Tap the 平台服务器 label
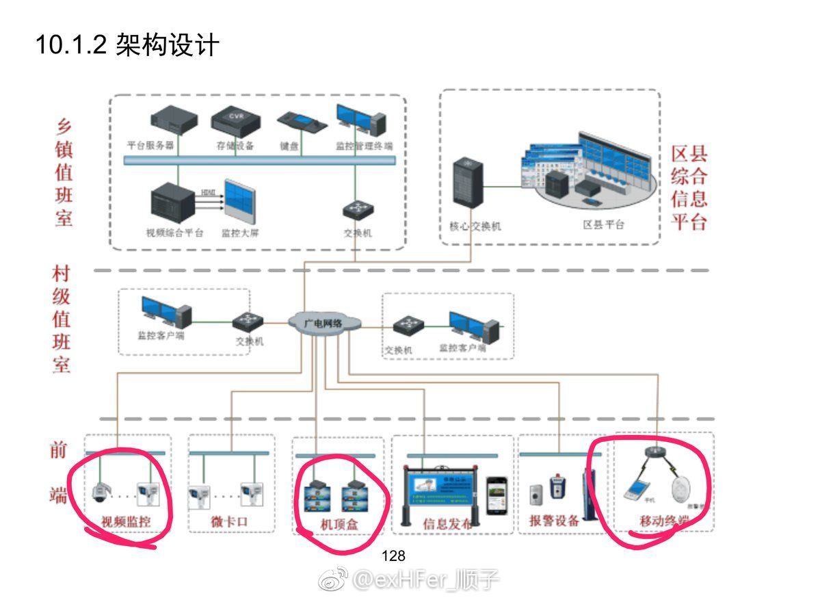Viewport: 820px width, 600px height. click(x=150, y=146)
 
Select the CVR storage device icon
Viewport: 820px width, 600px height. click(x=235, y=121)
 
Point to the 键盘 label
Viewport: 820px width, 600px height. click(x=289, y=146)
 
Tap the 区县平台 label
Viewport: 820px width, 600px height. click(x=603, y=224)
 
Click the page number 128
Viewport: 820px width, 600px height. click(x=393, y=556)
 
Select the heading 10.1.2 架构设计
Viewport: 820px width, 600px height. click(x=127, y=45)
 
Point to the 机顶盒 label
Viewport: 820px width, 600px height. click(x=339, y=524)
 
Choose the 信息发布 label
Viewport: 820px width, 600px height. click(x=447, y=524)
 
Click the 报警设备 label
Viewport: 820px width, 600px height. click(x=554, y=521)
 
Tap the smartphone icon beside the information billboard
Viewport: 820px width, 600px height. click(x=497, y=495)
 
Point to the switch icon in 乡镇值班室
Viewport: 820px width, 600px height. click(x=356, y=208)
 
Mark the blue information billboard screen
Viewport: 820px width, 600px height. click(x=442, y=491)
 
